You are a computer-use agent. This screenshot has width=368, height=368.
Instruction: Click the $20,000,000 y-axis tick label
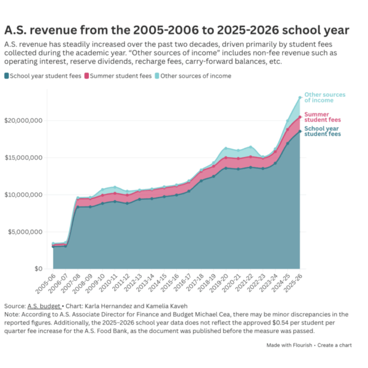coord(23,121)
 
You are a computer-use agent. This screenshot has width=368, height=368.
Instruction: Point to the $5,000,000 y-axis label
coord(25,232)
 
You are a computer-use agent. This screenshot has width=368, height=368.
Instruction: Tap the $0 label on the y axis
coord(39,269)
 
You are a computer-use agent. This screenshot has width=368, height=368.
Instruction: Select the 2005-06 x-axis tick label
coord(46,283)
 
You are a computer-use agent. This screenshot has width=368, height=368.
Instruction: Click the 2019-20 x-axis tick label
coord(218,283)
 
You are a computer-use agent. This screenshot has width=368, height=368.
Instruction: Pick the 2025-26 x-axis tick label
coord(293,283)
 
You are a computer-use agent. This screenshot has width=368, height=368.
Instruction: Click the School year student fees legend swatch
coord(7,76)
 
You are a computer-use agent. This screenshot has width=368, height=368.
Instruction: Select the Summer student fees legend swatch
coord(86,76)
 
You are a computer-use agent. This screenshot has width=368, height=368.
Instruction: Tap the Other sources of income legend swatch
coord(157,76)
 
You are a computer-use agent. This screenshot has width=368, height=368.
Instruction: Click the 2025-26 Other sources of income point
coord(300,98)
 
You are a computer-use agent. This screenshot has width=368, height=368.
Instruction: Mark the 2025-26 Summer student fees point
coord(300,117)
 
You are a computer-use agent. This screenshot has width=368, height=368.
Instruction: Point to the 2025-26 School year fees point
coord(300,131)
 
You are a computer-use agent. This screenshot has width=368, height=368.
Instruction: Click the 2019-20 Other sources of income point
coord(226,148)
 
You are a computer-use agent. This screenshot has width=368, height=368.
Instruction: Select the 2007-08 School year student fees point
coord(78,207)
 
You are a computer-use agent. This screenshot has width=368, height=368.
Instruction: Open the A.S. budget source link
coord(44,306)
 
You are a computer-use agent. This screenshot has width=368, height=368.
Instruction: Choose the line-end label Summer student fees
coord(323,117)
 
